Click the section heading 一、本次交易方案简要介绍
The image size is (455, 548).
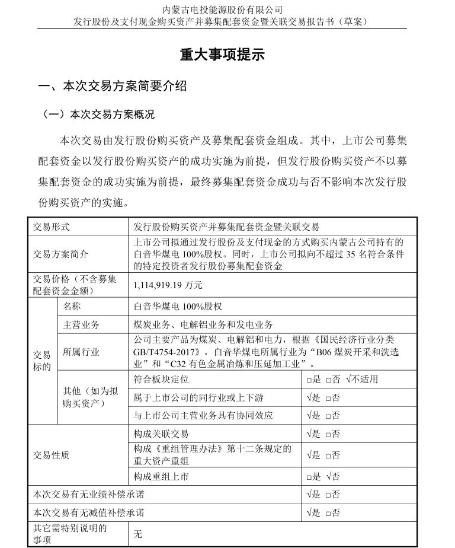coord(112,87)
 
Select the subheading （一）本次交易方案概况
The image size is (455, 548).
coord(98,114)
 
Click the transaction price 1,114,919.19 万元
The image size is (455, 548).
coord(168,285)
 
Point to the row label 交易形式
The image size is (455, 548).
coord(52,227)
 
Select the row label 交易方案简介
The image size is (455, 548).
coord(60,254)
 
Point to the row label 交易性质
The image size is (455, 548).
coord(52,455)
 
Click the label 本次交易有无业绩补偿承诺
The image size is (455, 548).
coord(89,494)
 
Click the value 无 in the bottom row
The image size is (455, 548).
coord(138,534)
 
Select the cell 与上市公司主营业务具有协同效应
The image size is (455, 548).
coord(204,416)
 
